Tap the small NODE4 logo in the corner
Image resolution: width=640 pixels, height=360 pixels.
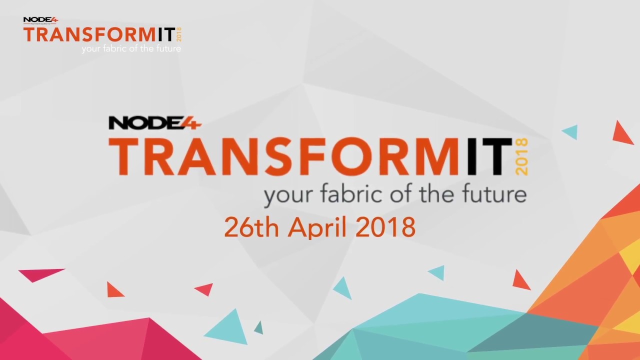[40, 20]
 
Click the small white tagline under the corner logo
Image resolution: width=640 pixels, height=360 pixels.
[131, 49]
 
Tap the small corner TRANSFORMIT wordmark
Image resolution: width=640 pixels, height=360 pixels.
[99, 34]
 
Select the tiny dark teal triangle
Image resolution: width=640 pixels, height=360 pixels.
[258, 327]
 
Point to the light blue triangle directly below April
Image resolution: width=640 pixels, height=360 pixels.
[343, 288]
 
